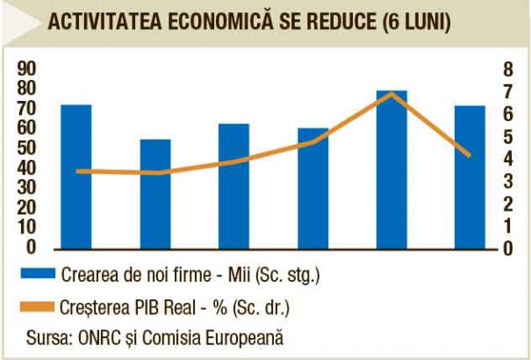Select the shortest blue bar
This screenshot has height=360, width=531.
(155, 193)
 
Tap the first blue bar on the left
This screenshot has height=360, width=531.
(76, 176)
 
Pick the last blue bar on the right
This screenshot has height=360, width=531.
(470, 176)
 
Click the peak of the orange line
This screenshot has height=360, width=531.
(392, 93)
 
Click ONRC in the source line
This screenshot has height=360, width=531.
(98, 338)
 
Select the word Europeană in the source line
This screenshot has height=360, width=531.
(253, 338)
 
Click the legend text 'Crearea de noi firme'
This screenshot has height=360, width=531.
(127, 275)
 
